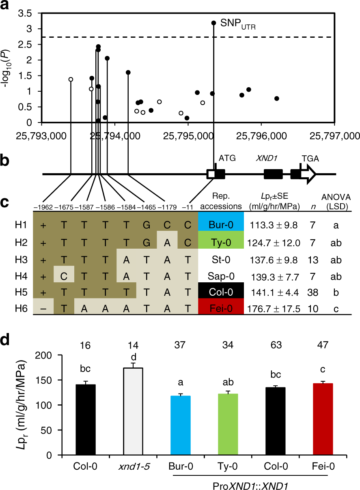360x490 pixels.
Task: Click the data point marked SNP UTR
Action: (x=214, y=23)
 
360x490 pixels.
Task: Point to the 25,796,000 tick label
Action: (x=261, y=135)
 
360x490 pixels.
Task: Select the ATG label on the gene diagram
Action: (x=227, y=157)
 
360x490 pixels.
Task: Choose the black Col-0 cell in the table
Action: (x=221, y=291)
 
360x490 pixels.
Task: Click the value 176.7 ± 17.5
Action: (x=273, y=309)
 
